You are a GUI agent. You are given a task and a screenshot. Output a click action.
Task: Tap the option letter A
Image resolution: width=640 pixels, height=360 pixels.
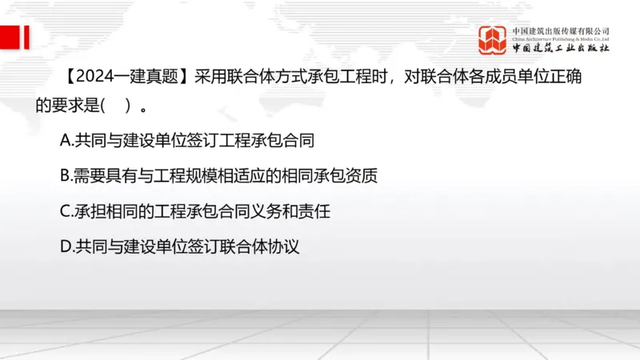66,141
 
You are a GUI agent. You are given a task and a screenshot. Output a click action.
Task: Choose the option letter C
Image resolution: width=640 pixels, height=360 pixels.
66,211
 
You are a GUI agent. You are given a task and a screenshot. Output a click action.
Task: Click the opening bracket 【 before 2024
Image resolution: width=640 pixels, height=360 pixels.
67,78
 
